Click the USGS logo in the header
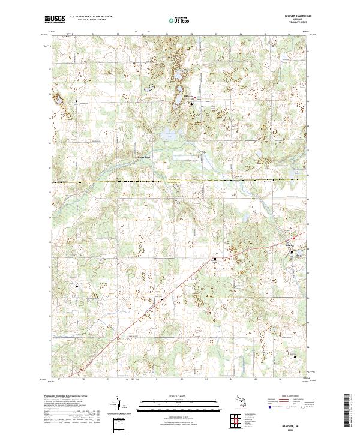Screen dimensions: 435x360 click(x=55, y=20)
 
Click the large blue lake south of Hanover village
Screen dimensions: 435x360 click(x=170, y=136)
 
